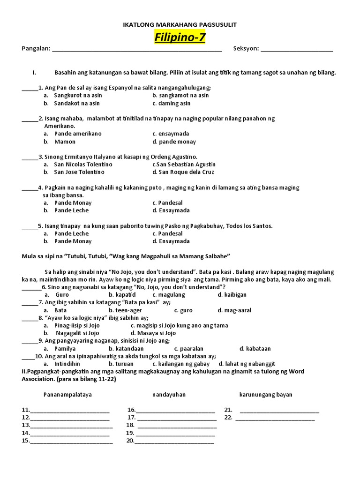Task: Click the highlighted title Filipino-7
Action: click(180, 37)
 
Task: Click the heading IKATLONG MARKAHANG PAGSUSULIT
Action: click(180, 24)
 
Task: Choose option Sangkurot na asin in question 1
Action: click(78, 95)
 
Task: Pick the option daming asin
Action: click(174, 103)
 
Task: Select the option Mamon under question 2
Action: click(65, 142)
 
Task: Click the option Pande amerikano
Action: click(78, 134)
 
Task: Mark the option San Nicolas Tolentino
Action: click(83, 165)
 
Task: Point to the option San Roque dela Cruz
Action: click(186, 172)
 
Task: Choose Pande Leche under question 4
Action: click(71, 210)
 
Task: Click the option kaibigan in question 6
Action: click(235, 295)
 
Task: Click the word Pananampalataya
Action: click(68, 395)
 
